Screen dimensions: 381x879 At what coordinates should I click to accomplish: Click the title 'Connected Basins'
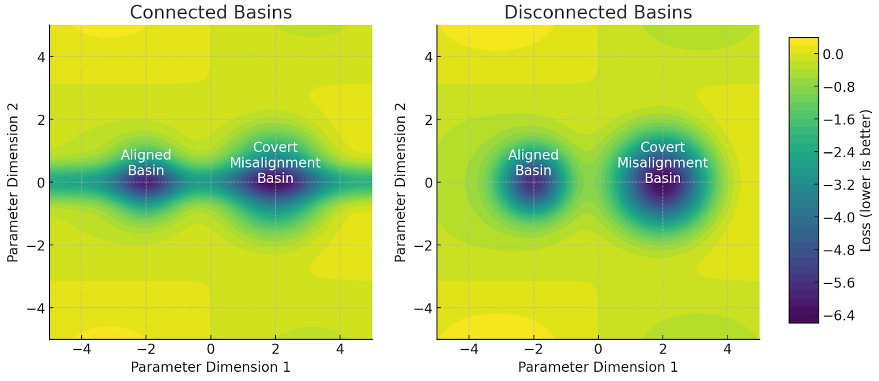(210, 12)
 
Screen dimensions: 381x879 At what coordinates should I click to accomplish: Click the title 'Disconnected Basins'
(598, 12)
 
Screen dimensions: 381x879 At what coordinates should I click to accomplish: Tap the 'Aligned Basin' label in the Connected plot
(146, 163)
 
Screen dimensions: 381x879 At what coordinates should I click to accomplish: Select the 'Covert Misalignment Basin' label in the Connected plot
(275, 163)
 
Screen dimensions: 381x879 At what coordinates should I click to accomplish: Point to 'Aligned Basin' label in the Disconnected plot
(533, 163)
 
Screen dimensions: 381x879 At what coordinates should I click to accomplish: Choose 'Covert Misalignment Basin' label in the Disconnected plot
(663, 163)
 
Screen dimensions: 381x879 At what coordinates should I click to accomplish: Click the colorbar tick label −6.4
(838, 316)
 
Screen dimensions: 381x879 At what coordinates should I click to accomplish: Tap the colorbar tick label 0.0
(833, 54)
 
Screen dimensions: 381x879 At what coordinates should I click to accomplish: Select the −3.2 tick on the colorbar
(838, 185)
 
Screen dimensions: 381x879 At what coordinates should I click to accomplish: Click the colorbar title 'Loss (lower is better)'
(866, 181)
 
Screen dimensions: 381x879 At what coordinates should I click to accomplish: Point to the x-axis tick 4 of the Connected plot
(340, 349)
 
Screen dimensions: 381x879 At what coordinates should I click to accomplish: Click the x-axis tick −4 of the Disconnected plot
(469, 349)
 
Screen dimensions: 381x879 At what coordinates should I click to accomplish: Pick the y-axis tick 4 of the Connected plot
(41, 57)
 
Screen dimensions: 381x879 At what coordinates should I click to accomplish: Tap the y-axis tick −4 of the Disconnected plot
(424, 308)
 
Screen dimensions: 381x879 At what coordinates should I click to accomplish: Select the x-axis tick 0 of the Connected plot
(210, 349)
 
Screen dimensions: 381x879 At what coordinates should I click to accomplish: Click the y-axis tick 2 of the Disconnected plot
(429, 120)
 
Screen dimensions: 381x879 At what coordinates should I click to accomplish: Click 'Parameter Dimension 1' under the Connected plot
(210, 367)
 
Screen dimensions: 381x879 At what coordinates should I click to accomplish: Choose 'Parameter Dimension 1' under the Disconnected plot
(598, 367)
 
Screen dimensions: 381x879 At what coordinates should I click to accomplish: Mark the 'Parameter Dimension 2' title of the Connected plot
(13, 182)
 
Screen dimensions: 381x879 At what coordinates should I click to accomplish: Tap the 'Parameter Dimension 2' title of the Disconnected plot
(400, 182)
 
